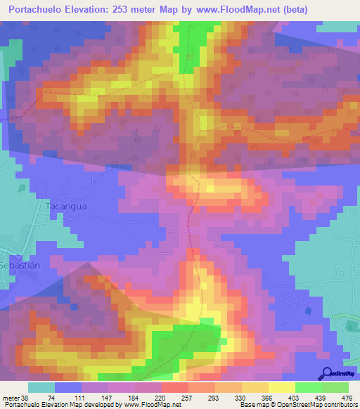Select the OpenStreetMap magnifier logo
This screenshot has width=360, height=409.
tap(326, 372)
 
